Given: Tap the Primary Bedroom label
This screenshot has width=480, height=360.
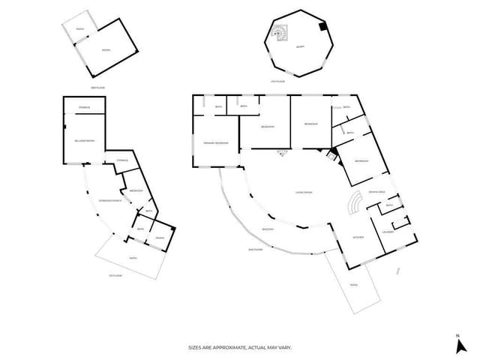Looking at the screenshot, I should [x=214, y=152].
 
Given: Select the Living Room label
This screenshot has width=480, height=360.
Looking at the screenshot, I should [x=303, y=193].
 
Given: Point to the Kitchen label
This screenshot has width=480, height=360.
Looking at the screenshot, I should [x=358, y=238].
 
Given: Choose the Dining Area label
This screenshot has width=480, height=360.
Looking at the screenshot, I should [x=377, y=192].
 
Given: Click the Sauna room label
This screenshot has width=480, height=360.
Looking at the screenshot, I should [x=159, y=238].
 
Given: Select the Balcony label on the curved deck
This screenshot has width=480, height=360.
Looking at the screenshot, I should [x=268, y=228].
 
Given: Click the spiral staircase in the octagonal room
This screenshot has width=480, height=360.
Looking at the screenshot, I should [x=280, y=32].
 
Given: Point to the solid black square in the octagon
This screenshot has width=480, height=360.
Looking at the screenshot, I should [x=322, y=27].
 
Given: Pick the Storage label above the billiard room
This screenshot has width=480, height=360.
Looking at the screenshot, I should [x=84, y=108].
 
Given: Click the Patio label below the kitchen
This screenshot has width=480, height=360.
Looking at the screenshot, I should [x=354, y=284].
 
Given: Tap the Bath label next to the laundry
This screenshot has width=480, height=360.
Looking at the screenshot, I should [x=389, y=205].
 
